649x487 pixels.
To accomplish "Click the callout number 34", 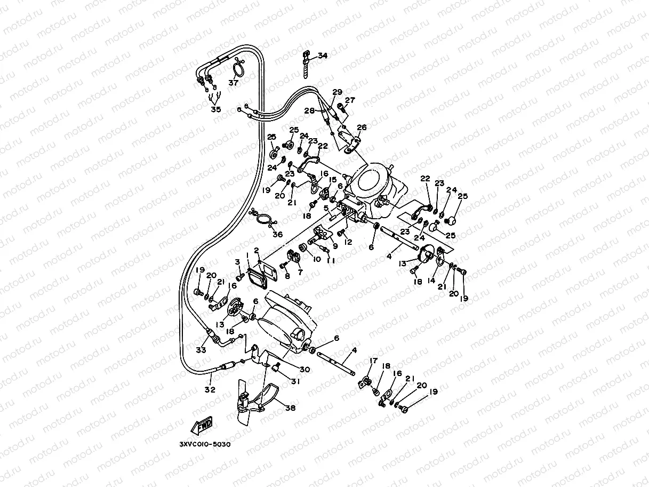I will point(323,55).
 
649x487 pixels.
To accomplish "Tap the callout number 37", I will point(233,83).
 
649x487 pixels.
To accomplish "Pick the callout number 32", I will point(210,390).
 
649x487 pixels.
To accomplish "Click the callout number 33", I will point(201,350).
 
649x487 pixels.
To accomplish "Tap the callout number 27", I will point(350,100).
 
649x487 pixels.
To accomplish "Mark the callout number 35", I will point(215,109).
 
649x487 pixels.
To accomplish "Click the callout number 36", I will point(277,234).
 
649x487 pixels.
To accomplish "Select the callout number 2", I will point(256,250).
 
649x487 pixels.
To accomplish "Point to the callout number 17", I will point(373,361).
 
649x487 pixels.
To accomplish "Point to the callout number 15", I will point(332,180).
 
